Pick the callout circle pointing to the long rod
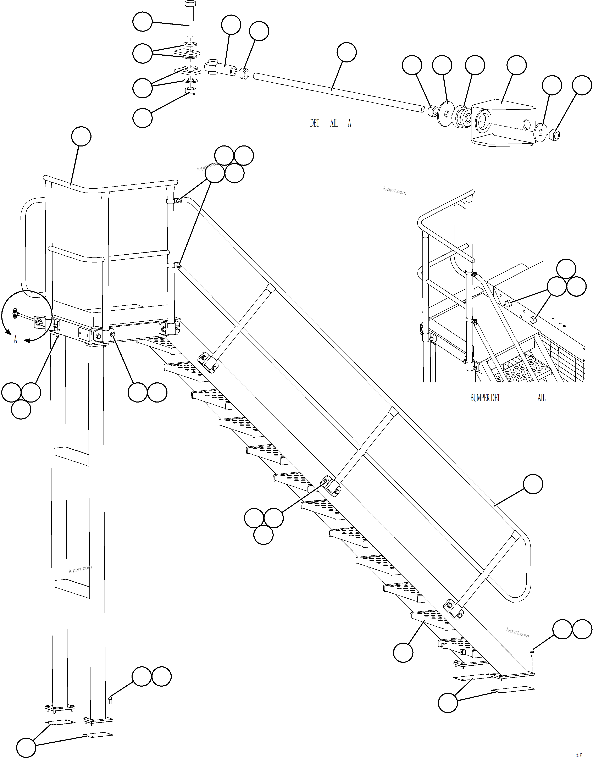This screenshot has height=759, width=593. coord(347,52)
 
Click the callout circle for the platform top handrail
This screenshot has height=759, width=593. coord(81,137)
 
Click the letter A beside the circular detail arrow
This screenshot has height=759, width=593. coord(15,340)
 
